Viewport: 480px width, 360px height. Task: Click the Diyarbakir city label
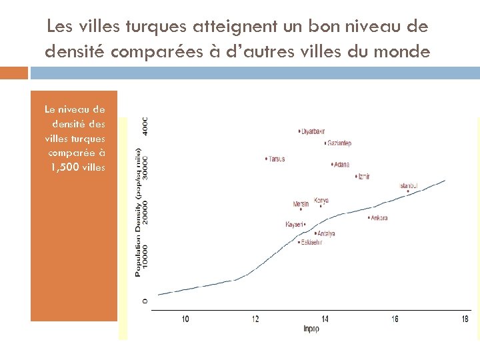315,131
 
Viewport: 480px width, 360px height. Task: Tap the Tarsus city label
277,159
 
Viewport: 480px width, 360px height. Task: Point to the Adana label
341,165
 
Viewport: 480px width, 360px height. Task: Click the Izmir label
363,177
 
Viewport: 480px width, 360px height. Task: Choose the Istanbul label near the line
409,185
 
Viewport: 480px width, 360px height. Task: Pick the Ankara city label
379,218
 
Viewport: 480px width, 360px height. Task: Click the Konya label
321,201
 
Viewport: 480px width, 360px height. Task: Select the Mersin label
301,204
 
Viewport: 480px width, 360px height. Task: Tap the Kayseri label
294,225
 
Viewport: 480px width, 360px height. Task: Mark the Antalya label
326,234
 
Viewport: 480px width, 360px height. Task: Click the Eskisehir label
311,243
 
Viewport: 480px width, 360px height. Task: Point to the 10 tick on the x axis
185,319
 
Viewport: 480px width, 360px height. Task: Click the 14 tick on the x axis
325,319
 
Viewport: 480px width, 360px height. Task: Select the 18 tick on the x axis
465,319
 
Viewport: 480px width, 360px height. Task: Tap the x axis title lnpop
311,329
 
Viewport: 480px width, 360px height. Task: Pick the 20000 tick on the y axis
145,213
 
